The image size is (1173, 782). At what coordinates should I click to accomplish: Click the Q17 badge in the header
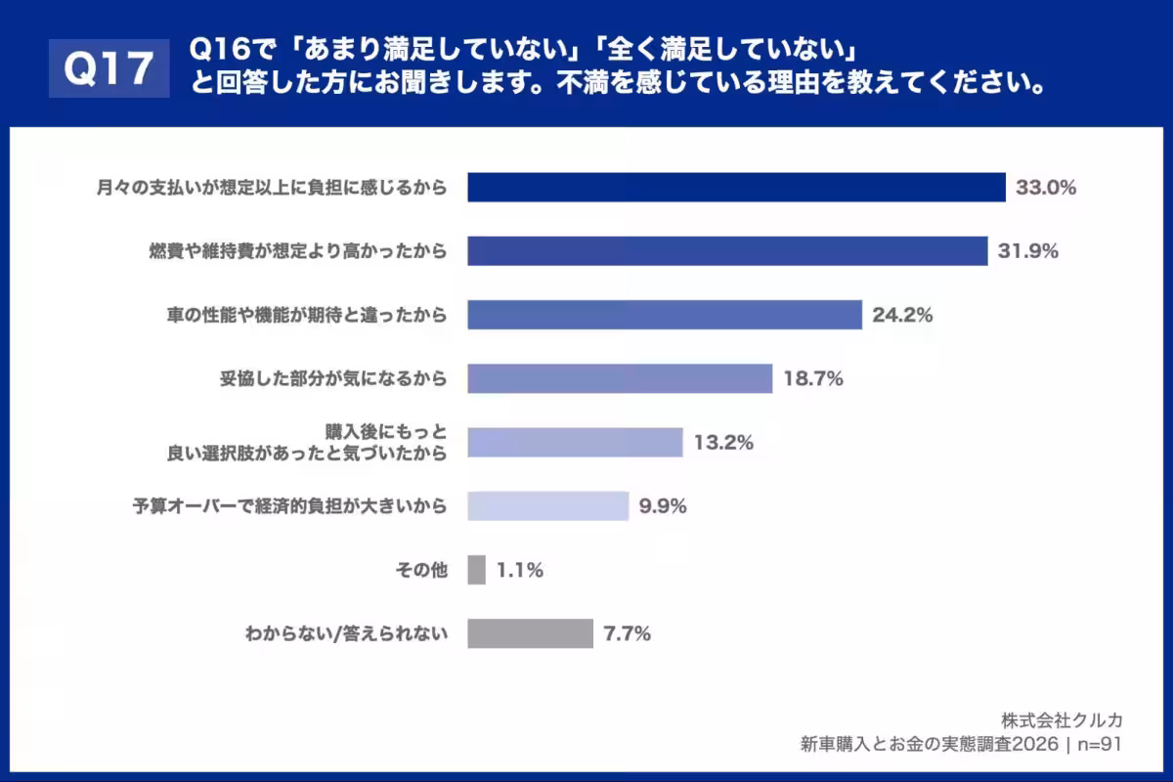109,68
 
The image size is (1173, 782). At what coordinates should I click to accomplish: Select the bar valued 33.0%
736,188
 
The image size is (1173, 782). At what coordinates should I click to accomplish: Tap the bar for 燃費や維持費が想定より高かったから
727,251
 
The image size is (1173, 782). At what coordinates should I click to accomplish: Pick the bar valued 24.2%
664,315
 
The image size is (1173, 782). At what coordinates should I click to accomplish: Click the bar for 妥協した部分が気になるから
620,378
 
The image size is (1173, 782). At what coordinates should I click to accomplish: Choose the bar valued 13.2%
575,442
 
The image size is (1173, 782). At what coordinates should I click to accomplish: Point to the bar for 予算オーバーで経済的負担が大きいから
547,505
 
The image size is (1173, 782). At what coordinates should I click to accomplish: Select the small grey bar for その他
476,570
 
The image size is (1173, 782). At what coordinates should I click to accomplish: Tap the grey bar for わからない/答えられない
530,633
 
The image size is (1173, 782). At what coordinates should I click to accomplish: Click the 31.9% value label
1027,251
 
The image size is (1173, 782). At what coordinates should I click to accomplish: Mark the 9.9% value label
663,506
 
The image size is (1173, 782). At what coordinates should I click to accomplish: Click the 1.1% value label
519,571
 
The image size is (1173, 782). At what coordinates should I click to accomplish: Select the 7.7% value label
627,634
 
